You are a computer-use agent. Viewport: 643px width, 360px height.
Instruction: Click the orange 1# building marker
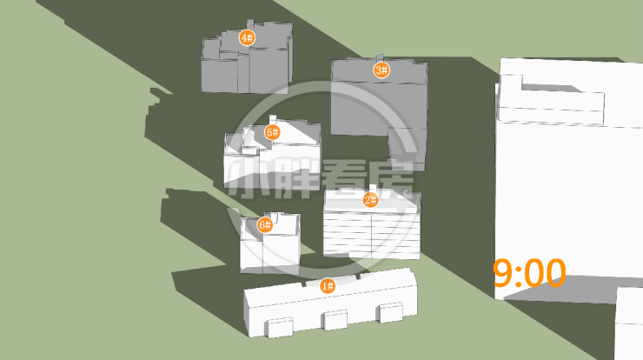point(328,286)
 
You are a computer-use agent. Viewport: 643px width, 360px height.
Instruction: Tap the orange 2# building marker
point(371,200)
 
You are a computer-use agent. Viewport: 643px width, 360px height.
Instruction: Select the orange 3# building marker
point(381,70)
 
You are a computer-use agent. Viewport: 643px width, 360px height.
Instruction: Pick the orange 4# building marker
point(247,38)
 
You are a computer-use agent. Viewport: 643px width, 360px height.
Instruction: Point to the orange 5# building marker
point(272,132)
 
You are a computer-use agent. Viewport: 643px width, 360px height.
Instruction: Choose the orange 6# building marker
point(265,225)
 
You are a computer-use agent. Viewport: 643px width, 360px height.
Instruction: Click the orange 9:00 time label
point(529,273)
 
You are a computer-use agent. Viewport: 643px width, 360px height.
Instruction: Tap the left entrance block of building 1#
point(281,327)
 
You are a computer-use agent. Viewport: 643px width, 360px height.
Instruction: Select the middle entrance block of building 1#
point(335,319)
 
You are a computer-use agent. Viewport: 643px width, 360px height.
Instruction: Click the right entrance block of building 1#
point(391,312)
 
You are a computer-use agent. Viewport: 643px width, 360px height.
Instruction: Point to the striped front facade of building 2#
point(372,235)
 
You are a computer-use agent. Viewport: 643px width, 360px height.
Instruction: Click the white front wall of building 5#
point(272,169)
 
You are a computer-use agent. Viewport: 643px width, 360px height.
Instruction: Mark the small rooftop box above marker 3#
point(380,58)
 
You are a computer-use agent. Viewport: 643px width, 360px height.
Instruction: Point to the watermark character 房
point(392,179)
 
